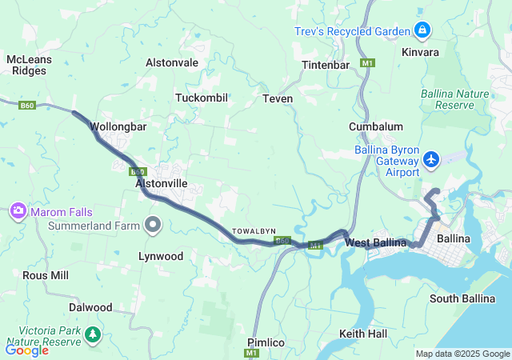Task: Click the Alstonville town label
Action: coord(162,183)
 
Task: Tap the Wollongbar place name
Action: coord(118,126)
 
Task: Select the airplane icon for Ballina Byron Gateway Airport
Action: coord(432,159)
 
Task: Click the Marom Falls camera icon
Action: coord(17,211)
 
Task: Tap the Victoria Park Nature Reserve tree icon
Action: coord(94,334)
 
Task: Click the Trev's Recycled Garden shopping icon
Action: coord(422,31)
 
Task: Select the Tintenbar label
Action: coord(326,65)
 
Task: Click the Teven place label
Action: coord(278,98)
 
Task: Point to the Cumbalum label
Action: coord(375,126)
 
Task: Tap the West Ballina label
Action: coord(375,242)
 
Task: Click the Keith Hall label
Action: coord(362,333)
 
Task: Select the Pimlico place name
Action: coord(266,342)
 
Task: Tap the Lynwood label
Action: coord(160,256)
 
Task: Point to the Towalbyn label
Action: coord(254,231)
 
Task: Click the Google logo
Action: coord(26,350)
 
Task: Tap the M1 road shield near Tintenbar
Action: coord(367,62)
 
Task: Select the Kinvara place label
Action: coord(420,52)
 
